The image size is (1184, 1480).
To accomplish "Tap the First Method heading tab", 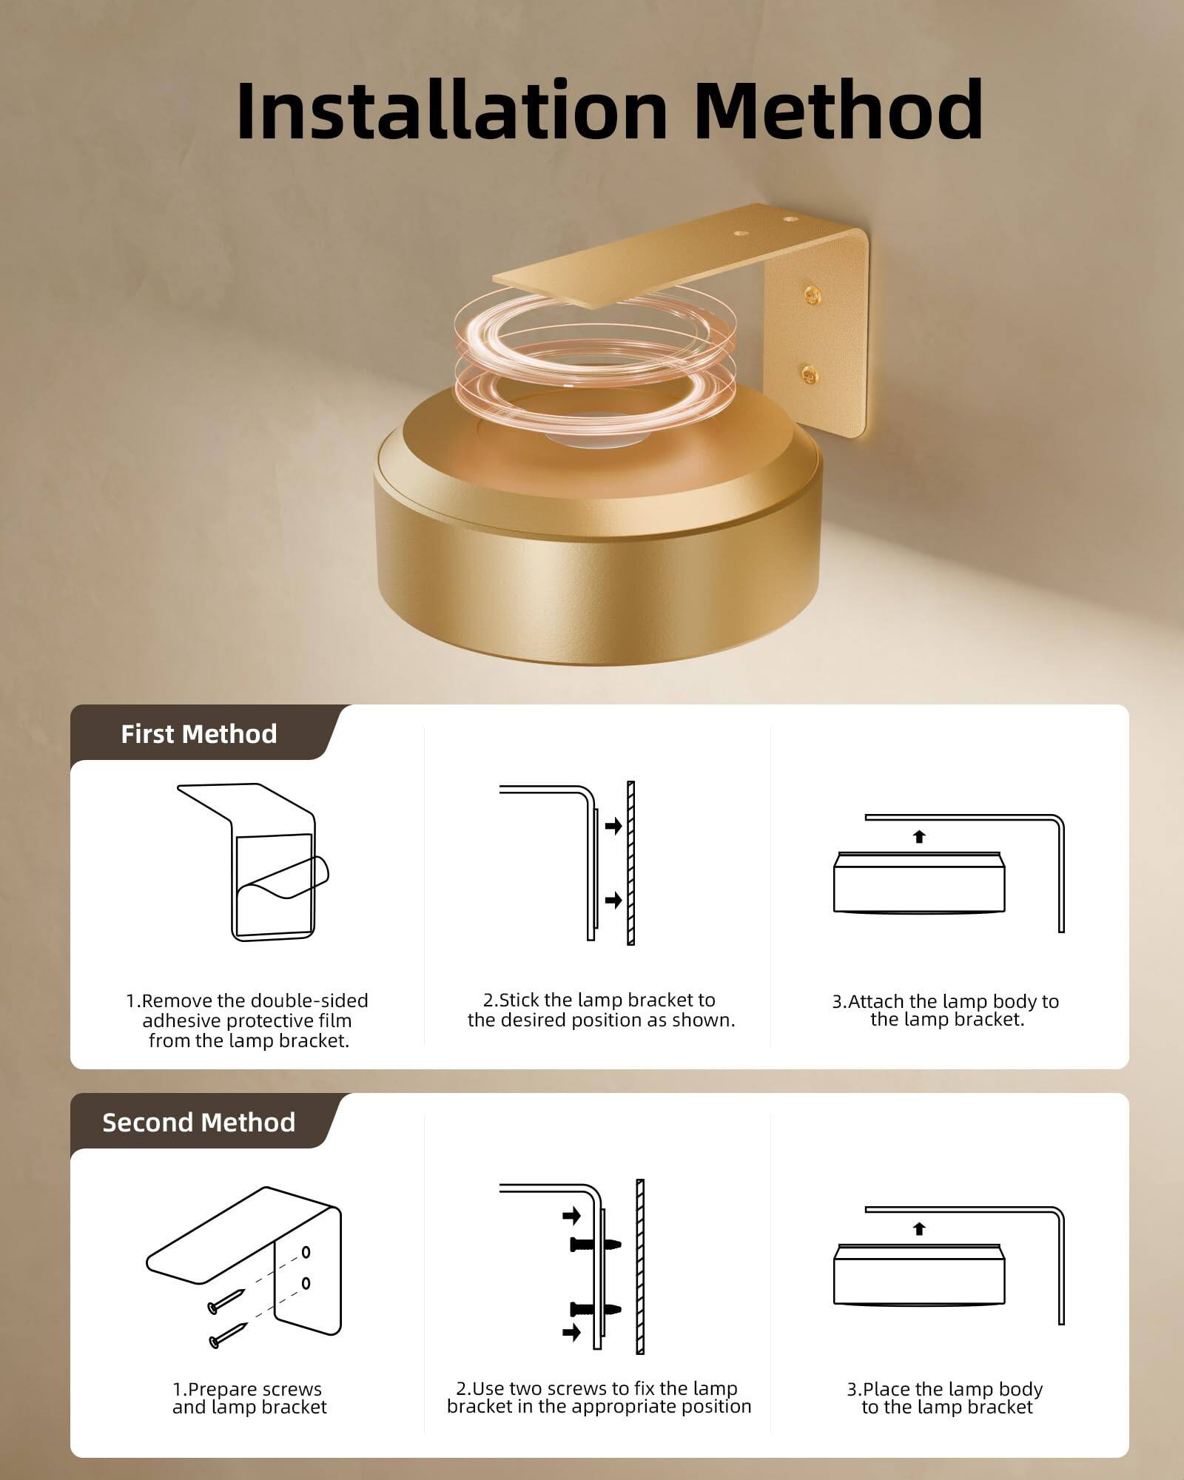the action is point(199,733).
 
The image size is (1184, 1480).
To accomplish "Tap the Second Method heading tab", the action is point(199,1122).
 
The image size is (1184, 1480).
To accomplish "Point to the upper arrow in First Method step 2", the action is point(613,825).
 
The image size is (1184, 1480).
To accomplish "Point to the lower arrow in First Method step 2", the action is point(613,900).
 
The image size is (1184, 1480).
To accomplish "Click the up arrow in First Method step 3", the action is point(919,837).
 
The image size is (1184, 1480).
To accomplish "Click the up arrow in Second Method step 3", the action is point(919,1228).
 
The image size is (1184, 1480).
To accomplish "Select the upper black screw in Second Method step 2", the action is point(595,1245).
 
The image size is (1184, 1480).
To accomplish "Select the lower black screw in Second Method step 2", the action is point(595,1310).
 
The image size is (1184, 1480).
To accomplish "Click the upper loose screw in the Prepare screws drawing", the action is point(226,1301).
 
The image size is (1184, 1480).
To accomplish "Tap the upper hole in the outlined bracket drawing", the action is point(306,1253).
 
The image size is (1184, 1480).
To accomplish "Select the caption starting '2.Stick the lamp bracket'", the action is point(601,1010).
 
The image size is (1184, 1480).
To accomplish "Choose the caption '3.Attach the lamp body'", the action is point(946,1010).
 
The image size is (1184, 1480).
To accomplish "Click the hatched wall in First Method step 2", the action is point(630,863).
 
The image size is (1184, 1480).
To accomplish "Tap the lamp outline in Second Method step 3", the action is point(919,1274).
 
